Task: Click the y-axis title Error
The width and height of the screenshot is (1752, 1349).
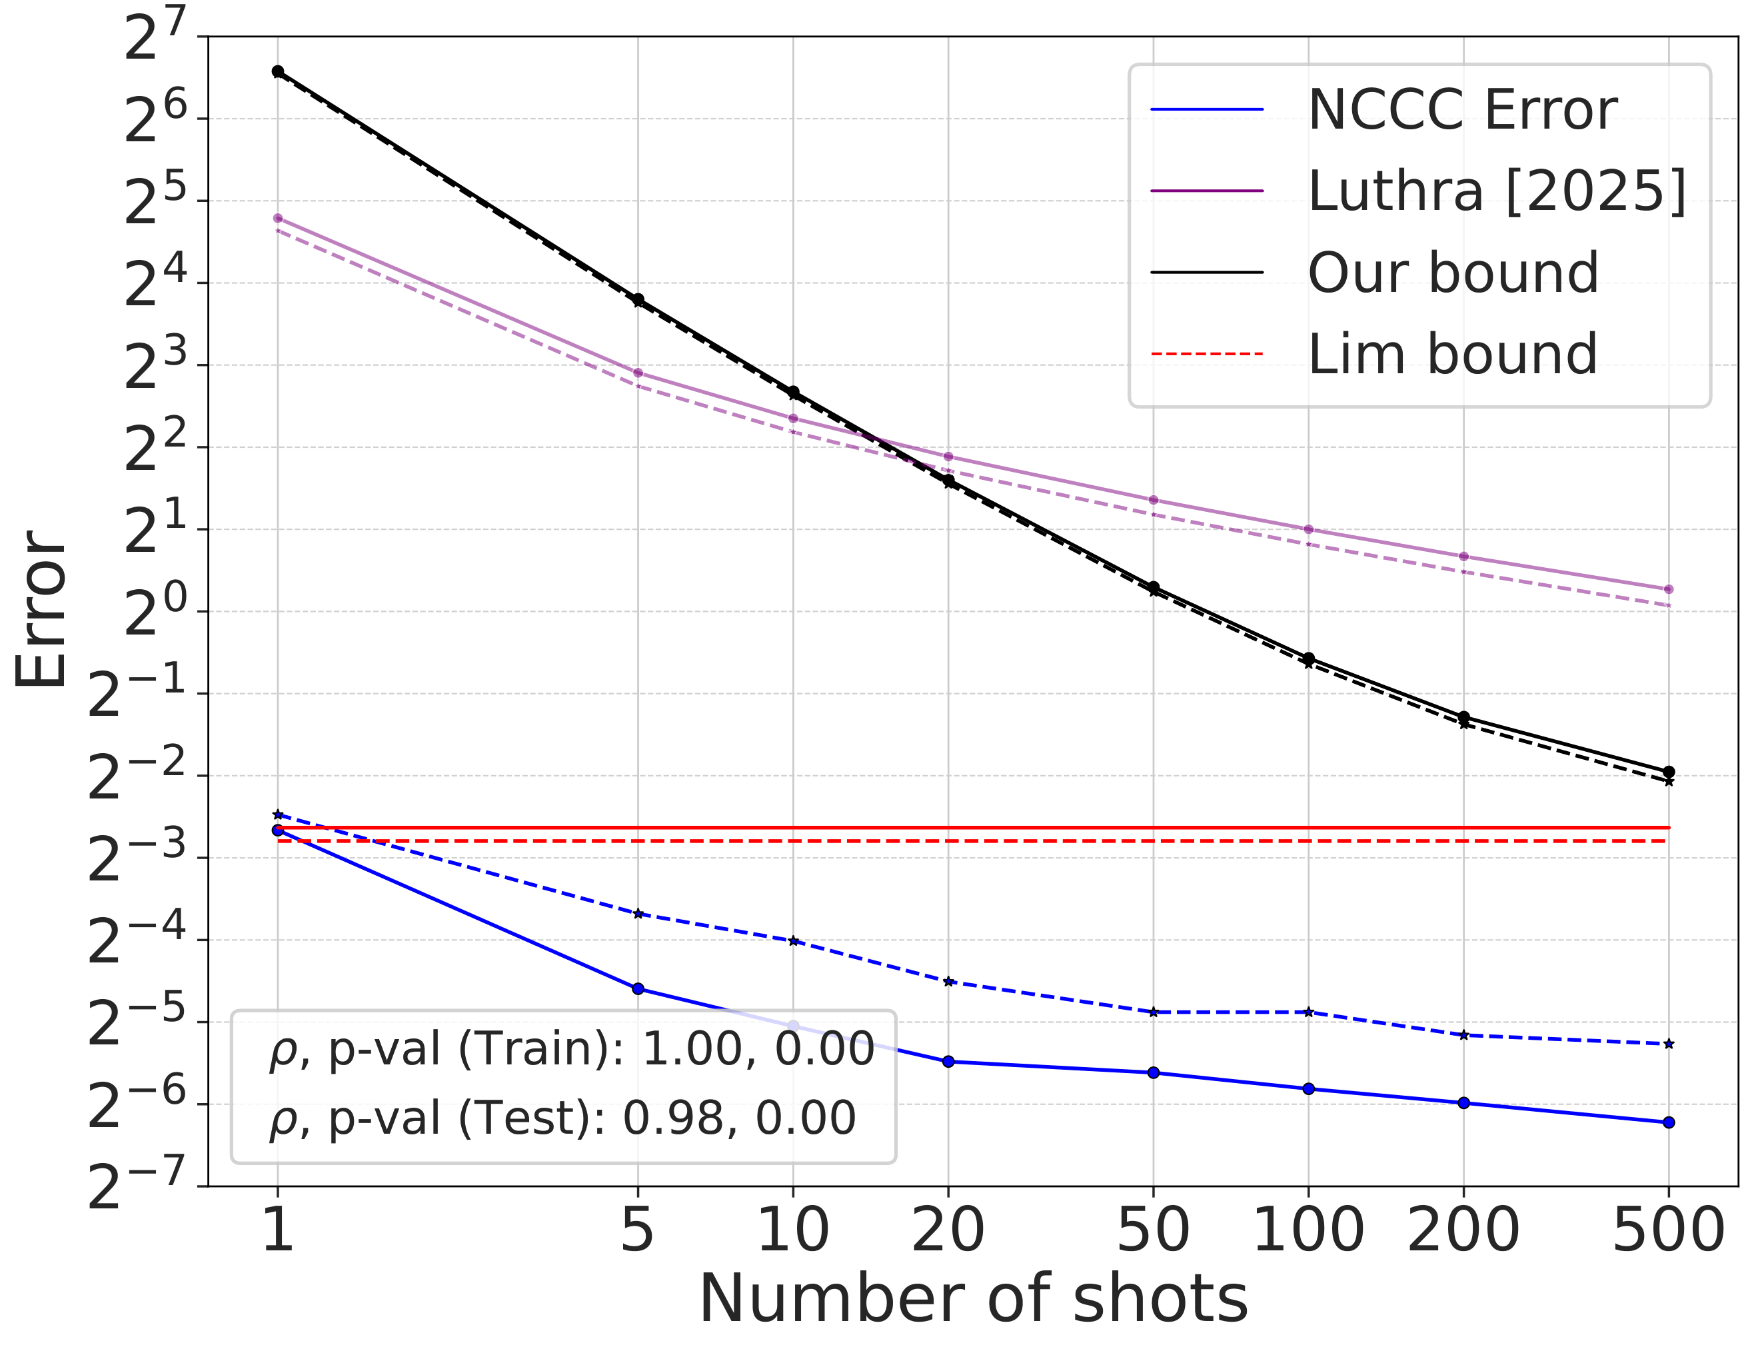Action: pos(42,610)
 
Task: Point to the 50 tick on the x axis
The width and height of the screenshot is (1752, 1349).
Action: pos(1153,1230)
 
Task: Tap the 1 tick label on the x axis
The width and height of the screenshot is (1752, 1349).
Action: pos(277,1230)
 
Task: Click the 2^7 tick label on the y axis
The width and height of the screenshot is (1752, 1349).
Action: pos(154,36)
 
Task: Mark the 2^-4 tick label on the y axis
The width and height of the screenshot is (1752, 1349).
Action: pos(137,940)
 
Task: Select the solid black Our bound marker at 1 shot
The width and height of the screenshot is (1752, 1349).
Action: pos(277,71)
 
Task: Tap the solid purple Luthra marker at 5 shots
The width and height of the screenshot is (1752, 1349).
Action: pos(638,373)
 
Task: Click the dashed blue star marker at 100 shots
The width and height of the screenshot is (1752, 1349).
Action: pos(1308,1012)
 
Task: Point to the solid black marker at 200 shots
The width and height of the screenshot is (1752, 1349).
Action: pos(1463,716)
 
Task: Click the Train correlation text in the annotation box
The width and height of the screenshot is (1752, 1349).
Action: pos(571,1049)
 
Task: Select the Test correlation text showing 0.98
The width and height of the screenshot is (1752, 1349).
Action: pos(562,1118)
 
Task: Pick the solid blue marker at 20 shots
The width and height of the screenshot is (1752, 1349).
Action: pos(948,1061)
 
